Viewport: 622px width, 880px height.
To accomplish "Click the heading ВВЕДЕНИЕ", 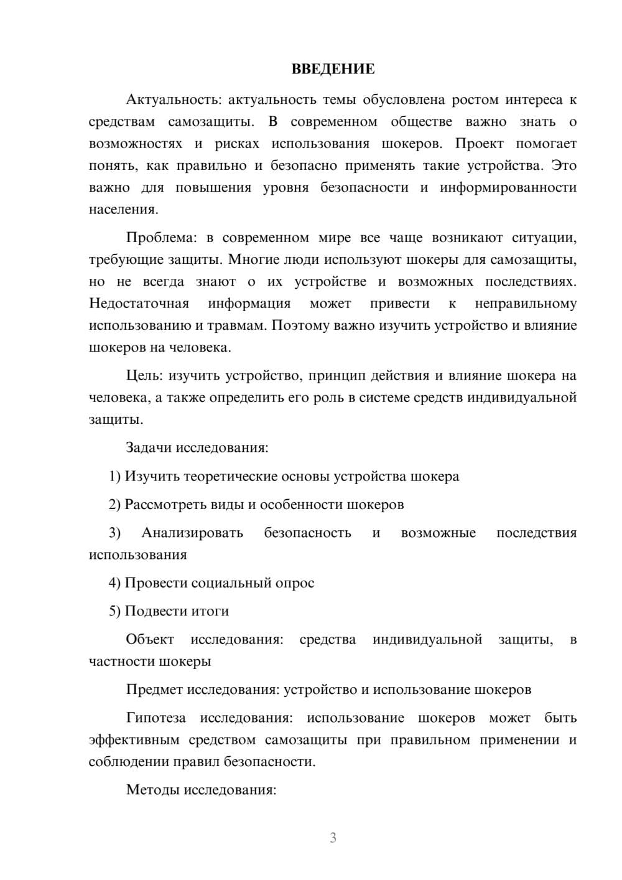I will [x=333, y=69].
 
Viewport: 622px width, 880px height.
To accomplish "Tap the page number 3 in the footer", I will [x=333, y=838].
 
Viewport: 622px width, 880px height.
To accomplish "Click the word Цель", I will [x=144, y=375].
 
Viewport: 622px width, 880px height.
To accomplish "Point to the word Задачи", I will [x=149, y=447].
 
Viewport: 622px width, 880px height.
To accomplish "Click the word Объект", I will [x=150, y=639].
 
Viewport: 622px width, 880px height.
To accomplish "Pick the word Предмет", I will [x=155, y=689].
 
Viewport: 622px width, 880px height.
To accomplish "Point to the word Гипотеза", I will [x=156, y=718].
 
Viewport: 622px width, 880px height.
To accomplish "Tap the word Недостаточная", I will [x=139, y=304].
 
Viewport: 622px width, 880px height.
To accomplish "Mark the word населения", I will [x=123, y=210].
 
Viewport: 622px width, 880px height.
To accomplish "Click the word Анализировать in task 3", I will [x=192, y=533].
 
